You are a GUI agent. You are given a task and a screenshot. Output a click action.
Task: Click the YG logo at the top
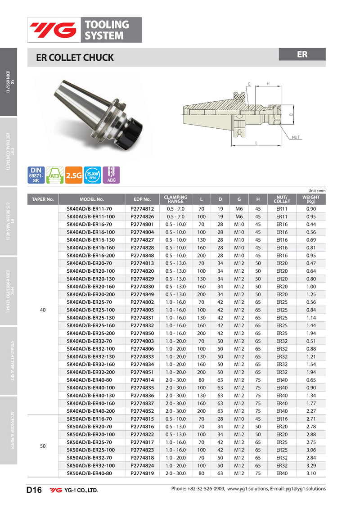click(x=53, y=30)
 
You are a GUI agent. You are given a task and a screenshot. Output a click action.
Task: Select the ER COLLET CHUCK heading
click(x=75, y=58)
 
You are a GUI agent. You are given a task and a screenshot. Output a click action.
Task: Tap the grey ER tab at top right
click(x=302, y=54)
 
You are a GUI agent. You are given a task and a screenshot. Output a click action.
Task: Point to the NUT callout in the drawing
click(x=296, y=137)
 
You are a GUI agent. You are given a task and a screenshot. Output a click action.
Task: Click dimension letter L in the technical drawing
click(x=256, y=143)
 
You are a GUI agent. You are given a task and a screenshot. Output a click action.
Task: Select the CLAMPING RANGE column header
click(x=175, y=199)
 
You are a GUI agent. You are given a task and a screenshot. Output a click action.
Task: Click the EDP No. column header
click(x=142, y=199)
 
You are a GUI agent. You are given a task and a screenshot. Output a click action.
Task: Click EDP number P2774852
click(x=142, y=410)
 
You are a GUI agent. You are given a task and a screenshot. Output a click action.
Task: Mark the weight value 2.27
click(x=310, y=410)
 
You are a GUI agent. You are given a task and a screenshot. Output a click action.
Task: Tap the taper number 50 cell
click(x=43, y=446)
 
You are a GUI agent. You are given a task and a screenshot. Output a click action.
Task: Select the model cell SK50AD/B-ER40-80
click(x=89, y=473)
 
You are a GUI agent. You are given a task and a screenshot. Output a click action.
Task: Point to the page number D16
click(x=34, y=490)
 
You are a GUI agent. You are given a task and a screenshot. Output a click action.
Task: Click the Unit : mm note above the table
click(x=316, y=191)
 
